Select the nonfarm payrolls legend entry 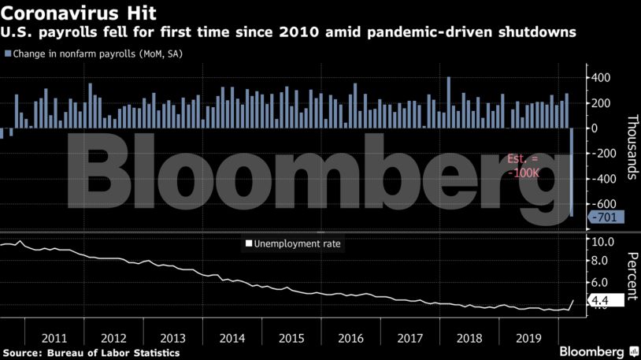coord(91,54)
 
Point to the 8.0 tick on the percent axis coord(600,262)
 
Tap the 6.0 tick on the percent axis coord(600,282)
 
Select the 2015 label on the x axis coord(291,337)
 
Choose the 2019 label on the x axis coord(528,337)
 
